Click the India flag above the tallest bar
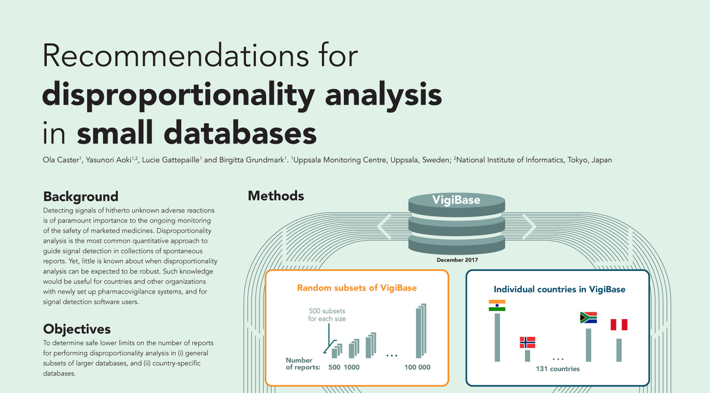[497, 305]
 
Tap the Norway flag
[527, 342]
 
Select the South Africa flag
[588, 317]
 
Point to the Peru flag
[619, 324]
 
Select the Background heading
[81, 196]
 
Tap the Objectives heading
[77, 329]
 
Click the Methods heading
[276, 196]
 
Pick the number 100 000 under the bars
[417, 368]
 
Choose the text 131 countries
[557, 369]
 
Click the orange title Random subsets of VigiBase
[357, 288]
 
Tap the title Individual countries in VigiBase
[560, 289]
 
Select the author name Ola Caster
[62, 160]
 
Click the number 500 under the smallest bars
[334, 368]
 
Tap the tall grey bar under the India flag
[498, 337]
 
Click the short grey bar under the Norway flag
[527, 356]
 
